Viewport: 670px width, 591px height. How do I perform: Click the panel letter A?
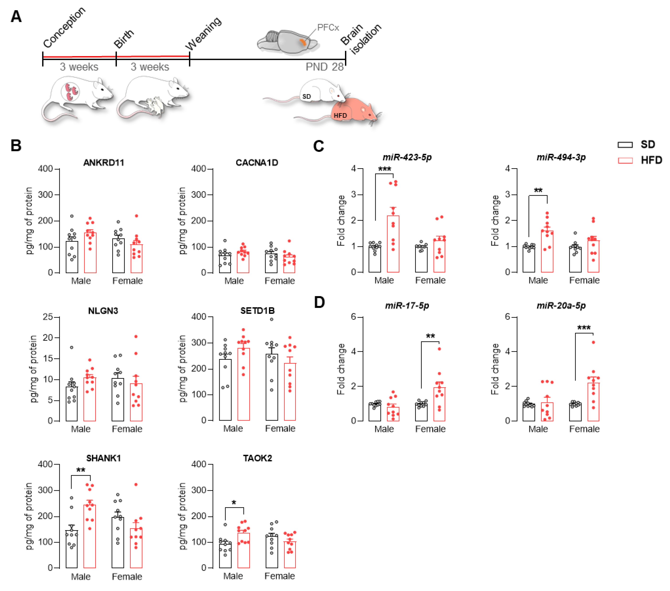[16, 16]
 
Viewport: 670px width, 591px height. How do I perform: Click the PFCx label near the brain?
[328, 27]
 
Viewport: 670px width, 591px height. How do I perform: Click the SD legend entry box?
[625, 145]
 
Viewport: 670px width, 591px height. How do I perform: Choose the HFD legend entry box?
[625, 160]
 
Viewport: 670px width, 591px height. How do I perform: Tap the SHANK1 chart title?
[104, 458]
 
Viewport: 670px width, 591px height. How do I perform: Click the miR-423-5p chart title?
[407, 157]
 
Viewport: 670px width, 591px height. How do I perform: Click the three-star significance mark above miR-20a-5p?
[584, 328]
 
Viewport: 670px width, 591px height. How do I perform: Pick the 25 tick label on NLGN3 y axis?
[48, 317]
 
